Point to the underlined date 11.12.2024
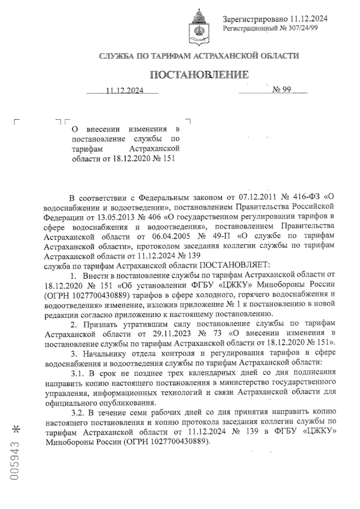124,91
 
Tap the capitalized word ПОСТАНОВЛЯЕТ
235,265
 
